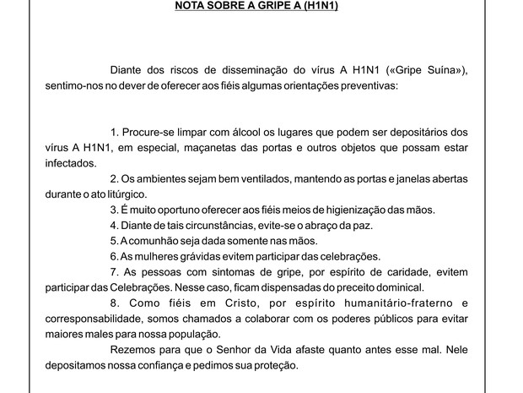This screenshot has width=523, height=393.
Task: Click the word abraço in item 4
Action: [x=308, y=225]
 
